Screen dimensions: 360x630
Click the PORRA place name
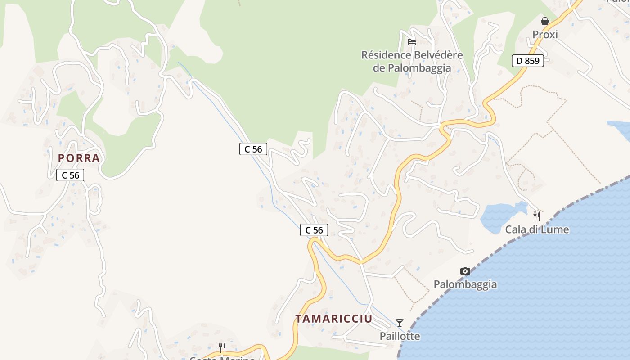(x=79, y=158)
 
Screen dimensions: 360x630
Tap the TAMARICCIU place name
(x=333, y=319)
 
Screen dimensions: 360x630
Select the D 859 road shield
(x=527, y=61)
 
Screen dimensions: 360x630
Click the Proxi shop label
(x=545, y=35)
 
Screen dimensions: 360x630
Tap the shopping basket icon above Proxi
(x=545, y=21)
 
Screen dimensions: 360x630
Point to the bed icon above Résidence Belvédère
(x=411, y=42)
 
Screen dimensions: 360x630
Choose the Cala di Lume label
(x=537, y=229)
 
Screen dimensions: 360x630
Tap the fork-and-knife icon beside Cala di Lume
(x=536, y=216)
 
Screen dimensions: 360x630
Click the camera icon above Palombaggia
(x=465, y=271)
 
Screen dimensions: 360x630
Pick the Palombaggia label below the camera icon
(x=465, y=284)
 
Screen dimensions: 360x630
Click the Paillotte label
(x=400, y=336)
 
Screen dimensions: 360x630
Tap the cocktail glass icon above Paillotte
(x=400, y=323)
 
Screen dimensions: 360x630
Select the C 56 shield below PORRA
(x=70, y=175)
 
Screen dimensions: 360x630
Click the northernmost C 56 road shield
(x=253, y=149)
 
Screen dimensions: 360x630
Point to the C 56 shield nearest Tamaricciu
(x=314, y=230)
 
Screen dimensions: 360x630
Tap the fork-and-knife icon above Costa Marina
(x=222, y=347)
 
